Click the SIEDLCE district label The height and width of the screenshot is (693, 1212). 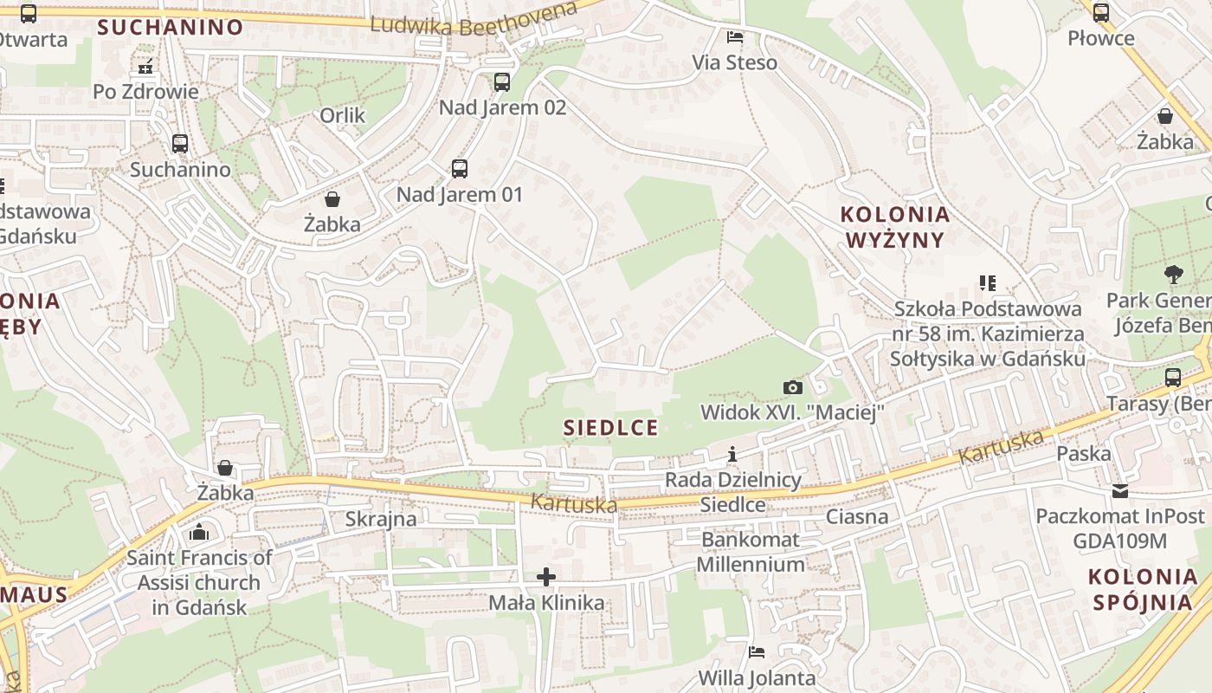click(x=610, y=427)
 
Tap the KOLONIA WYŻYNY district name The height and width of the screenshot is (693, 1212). click(x=895, y=227)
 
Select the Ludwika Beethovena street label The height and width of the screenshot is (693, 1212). click(x=473, y=20)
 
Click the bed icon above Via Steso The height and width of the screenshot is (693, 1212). click(x=734, y=37)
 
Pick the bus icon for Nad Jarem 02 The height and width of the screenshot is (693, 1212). click(x=502, y=82)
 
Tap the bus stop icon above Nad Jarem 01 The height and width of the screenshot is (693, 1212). click(x=459, y=169)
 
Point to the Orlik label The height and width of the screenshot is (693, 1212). click(x=343, y=115)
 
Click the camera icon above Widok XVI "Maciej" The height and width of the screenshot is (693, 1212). click(x=792, y=387)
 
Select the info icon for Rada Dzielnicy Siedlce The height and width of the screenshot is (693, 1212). click(x=732, y=455)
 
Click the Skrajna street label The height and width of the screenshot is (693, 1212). click(x=381, y=519)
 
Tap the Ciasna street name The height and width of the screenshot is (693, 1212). click(x=857, y=517)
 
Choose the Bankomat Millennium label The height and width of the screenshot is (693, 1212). click(x=751, y=552)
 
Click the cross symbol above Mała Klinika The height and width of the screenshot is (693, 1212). click(x=546, y=577)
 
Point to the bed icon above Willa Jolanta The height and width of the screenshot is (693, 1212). click(x=757, y=652)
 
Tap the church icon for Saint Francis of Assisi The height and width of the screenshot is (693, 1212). click(x=199, y=532)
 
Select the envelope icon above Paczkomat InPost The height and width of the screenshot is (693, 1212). click(x=1120, y=491)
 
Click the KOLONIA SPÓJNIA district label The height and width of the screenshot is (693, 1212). click(x=1143, y=589)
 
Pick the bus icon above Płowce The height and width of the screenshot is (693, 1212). click(x=1100, y=13)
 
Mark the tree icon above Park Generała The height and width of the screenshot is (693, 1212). click(x=1173, y=275)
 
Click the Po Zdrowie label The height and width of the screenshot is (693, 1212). click(x=145, y=91)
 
